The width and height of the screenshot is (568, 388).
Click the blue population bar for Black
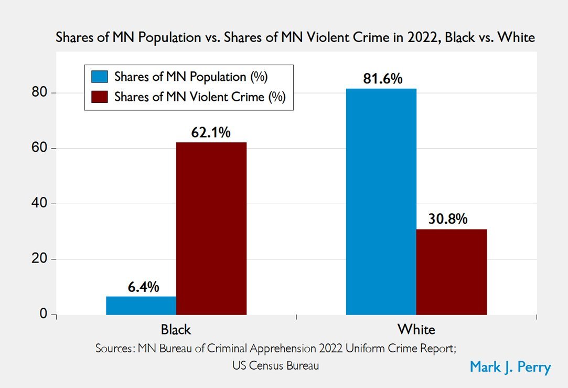pyautogui.click(x=141, y=306)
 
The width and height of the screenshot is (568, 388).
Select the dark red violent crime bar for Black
pyautogui.click(x=211, y=228)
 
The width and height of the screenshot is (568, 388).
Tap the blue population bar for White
pyautogui.click(x=381, y=202)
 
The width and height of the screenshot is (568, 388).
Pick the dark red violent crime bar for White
pyautogui.click(x=452, y=272)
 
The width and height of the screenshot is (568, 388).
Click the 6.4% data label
pyautogui.click(x=143, y=287)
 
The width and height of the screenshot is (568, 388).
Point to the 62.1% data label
pyautogui.click(x=210, y=133)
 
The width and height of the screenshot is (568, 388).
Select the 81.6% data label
pyautogui.click(x=382, y=79)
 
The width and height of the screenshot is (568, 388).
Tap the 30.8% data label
pyautogui.click(x=447, y=219)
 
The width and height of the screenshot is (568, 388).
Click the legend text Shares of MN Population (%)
pyautogui.click(x=191, y=77)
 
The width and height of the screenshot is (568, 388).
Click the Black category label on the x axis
pyautogui.click(x=176, y=330)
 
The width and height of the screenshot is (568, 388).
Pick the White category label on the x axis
pyautogui.click(x=416, y=330)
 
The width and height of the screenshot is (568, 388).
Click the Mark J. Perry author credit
pyautogui.click(x=510, y=366)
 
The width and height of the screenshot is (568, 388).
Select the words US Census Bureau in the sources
pyautogui.click(x=275, y=365)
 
